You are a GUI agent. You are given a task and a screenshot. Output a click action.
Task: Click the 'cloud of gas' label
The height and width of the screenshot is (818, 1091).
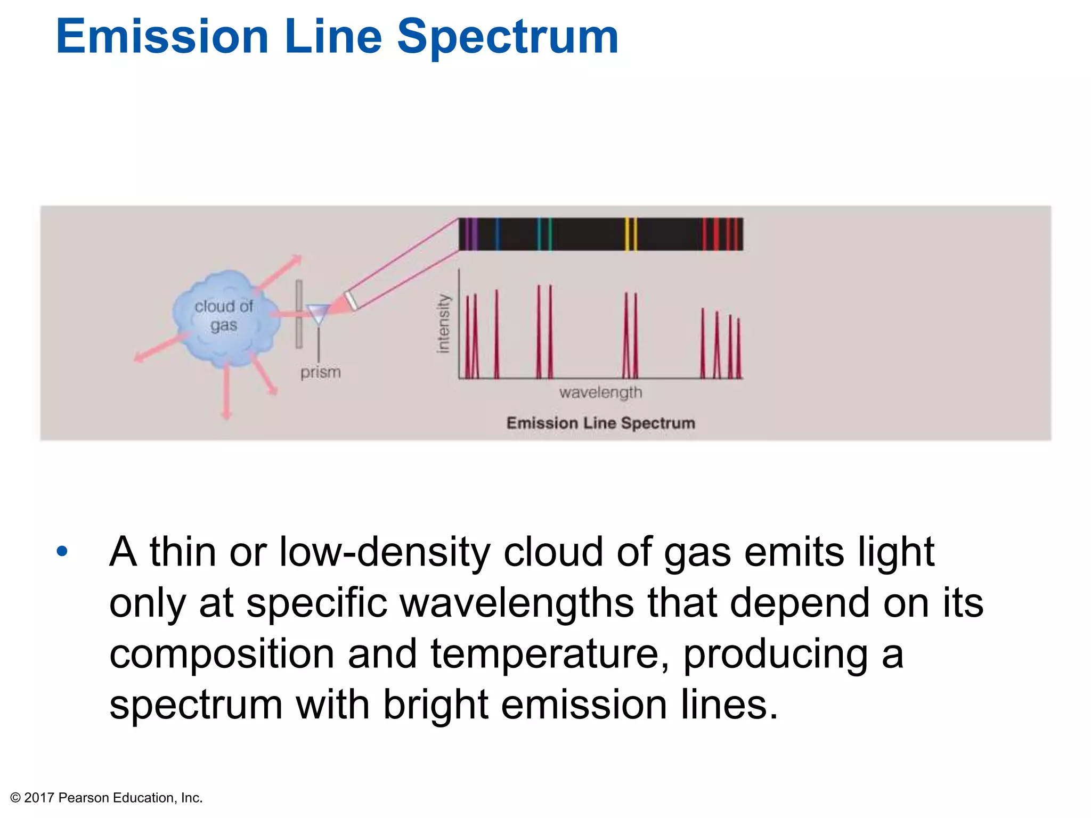[x=224, y=315]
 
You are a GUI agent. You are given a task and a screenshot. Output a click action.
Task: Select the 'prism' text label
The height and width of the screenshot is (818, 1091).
[x=320, y=372]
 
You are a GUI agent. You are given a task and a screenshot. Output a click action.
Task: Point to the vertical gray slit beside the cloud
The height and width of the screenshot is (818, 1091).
[x=299, y=314]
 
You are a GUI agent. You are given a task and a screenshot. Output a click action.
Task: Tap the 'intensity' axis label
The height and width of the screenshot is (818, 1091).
[x=443, y=323]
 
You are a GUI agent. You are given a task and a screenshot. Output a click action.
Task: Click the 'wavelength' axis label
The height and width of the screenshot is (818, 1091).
[x=600, y=392]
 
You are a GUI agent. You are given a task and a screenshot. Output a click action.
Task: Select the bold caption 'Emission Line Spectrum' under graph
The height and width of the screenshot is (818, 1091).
[x=600, y=423]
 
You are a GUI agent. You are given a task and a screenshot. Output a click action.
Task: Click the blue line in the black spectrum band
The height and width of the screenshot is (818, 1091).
[x=498, y=234]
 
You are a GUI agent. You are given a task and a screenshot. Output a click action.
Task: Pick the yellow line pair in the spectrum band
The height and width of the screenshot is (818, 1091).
[x=630, y=234]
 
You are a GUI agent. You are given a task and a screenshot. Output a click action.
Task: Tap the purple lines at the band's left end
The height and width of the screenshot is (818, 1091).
[x=469, y=234]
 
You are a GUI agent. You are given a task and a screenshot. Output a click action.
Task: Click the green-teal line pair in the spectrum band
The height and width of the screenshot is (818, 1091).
[x=544, y=234]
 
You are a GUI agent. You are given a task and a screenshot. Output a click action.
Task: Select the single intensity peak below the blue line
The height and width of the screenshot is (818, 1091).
[x=496, y=336]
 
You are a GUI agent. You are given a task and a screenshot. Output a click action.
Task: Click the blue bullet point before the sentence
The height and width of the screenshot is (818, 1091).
[x=62, y=551]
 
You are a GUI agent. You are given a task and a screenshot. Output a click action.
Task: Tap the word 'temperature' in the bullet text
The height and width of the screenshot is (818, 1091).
[x=549, y=654]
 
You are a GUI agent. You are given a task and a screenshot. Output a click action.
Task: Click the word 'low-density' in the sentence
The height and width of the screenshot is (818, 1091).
[x=384, y=552]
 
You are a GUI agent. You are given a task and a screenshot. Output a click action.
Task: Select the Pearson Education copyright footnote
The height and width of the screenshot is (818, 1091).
[x=107, y=797]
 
